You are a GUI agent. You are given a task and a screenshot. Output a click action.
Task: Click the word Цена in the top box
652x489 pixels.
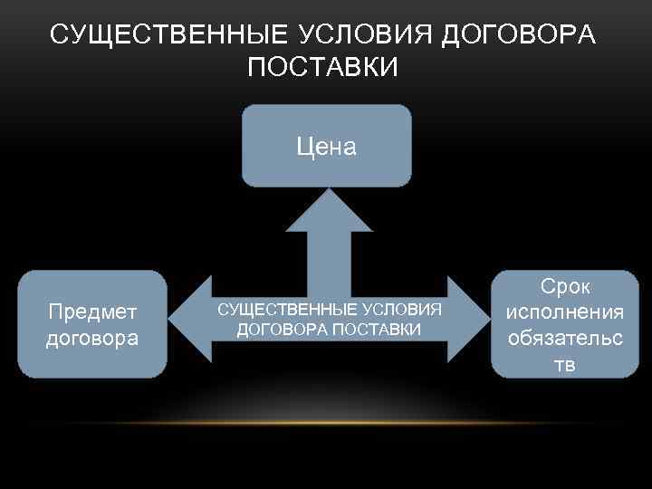click(326, 147)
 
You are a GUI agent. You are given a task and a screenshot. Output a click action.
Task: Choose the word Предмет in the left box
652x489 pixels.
click(92, 312)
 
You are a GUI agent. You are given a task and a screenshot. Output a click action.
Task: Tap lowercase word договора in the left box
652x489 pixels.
click(92, 339)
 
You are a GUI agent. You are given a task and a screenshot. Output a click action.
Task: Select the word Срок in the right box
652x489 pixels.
click(565, 287)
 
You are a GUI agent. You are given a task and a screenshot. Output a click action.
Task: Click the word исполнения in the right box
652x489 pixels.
click(565, 312)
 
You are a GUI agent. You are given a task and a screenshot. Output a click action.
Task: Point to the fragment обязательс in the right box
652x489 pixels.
click(565, 339)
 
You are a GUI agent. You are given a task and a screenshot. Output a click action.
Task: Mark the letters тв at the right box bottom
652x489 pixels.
click(565, 364)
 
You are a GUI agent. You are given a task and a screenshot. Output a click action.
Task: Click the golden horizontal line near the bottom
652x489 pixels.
click(326, 423)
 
